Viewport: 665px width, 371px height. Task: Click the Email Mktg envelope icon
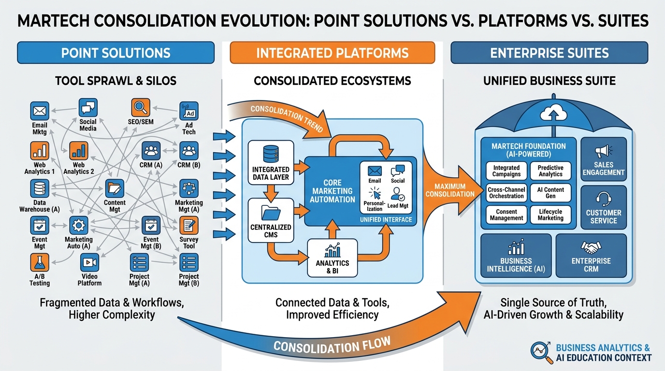[39, 111]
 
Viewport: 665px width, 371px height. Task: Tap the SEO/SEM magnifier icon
[141, 107]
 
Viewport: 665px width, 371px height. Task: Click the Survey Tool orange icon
[188, 225]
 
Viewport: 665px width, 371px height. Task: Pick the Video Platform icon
[89, 262]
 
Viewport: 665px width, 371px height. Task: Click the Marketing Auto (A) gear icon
[78, 225]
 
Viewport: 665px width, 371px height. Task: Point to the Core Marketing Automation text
[332, 191]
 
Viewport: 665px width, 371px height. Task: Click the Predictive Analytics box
[550, 171]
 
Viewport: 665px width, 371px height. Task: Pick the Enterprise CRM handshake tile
[591, 257]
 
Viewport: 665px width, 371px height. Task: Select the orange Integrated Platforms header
[332, 53]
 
